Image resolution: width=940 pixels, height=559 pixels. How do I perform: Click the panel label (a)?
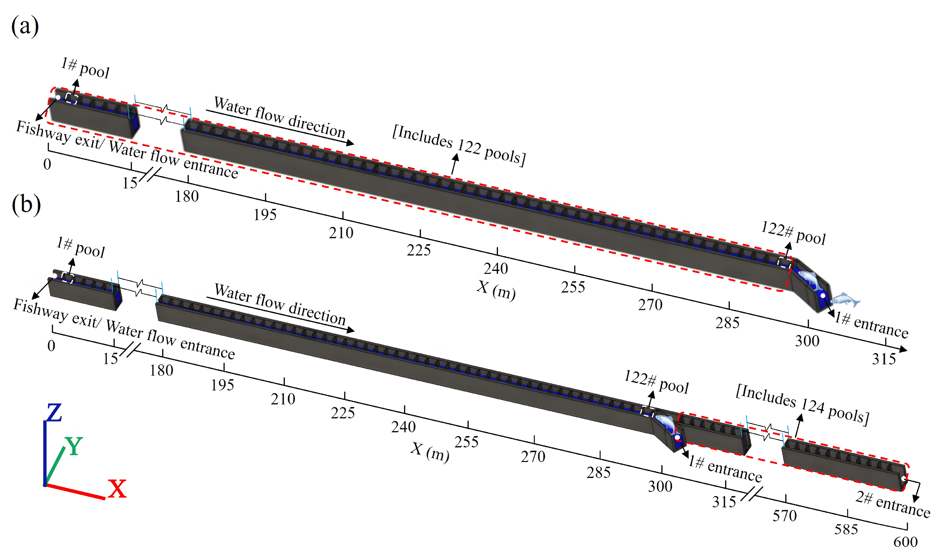pyautogui.click(x=25, y=26)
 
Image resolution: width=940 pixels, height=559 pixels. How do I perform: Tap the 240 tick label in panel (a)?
pyautogui.click(x=496, y=269)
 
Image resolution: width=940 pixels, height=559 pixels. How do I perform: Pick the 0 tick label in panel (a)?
pyautogui.click(x=47, y=164)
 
